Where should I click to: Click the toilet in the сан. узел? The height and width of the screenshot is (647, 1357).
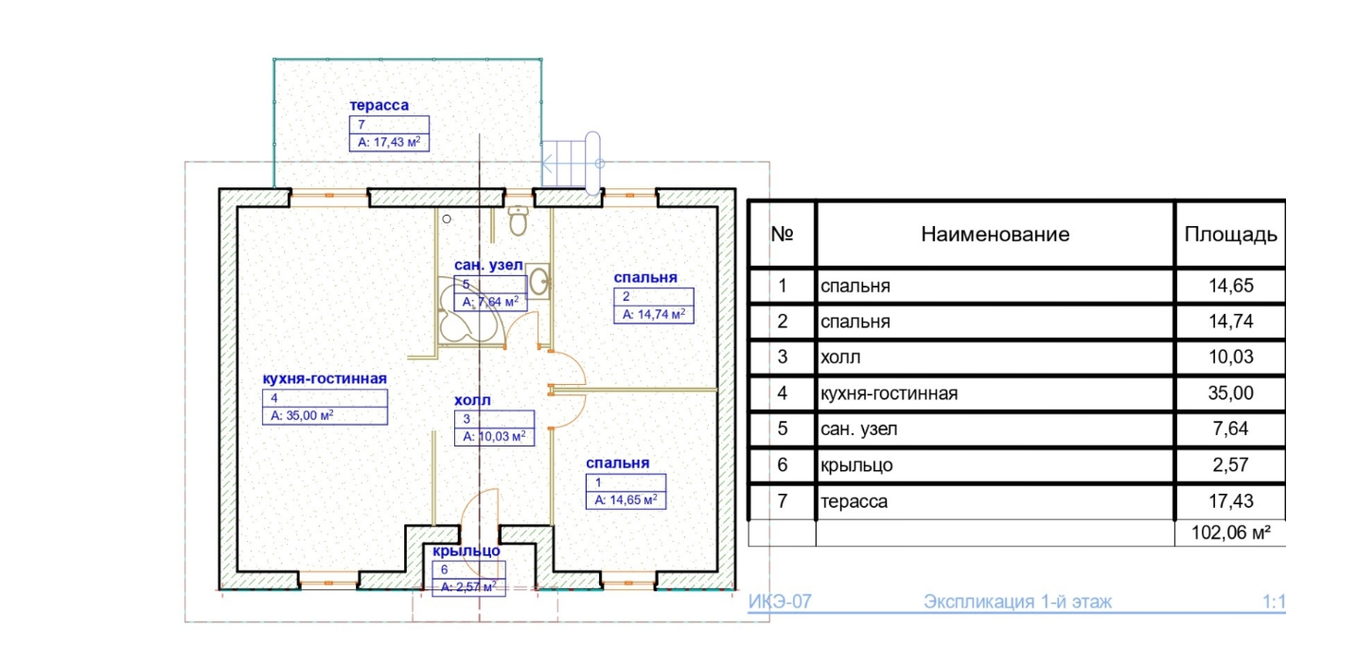[518, 221]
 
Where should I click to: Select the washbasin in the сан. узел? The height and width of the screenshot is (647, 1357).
[538, 281]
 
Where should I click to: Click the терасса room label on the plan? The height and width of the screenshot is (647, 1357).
[379, 105]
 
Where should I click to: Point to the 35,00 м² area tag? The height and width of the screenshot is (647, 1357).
[303, 414]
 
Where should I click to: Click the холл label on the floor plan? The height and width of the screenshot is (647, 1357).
[472, 400]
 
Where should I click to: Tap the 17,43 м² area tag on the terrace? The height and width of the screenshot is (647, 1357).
[388, 143]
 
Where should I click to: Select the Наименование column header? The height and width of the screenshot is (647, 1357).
[995, 234]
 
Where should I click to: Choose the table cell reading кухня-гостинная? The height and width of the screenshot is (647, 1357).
[890, 393]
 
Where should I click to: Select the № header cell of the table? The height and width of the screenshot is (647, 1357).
[782, 234]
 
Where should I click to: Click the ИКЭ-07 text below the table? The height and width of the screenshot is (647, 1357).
[780, 602]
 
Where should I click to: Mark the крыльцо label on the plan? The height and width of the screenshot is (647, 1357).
[467, 551]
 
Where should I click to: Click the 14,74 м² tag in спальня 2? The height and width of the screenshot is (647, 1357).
[651, 314]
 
